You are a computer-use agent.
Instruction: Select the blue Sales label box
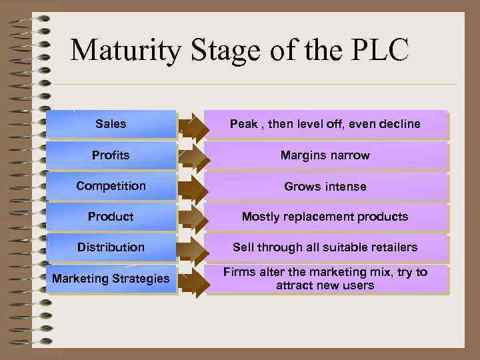111,124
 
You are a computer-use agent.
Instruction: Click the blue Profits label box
111,155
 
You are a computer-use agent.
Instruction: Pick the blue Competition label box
111,186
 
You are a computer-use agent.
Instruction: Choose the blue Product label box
111,217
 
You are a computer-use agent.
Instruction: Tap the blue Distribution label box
111,247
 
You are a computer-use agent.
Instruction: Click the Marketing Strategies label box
111,279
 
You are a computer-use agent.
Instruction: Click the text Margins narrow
325,155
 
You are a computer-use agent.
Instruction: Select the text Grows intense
325,187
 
